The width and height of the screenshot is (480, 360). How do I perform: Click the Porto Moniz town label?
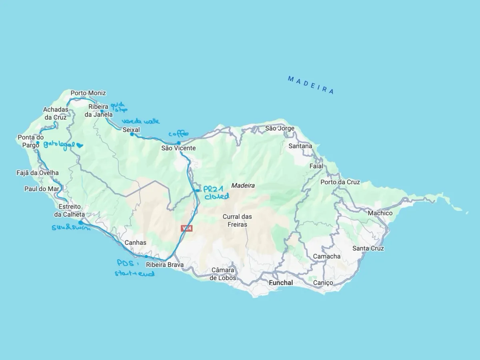point(88,93)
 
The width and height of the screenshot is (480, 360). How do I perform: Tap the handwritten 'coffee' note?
point(178,134)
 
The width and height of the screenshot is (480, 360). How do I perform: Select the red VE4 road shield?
point(187,228)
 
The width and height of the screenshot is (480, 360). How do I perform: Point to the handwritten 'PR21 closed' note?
point(216,192)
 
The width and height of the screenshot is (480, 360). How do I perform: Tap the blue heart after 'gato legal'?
point(79,146)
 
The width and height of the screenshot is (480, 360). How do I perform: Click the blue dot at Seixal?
point(132,134)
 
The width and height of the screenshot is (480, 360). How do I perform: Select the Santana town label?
point(300,146)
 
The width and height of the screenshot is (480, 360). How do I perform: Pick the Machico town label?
point(380,213)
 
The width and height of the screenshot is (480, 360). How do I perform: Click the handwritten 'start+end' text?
point(134,274)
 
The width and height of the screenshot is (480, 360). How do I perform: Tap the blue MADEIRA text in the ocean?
point(310,85)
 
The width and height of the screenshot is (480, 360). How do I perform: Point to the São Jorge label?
point(280,128)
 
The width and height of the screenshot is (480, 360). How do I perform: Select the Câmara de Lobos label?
point(223,274)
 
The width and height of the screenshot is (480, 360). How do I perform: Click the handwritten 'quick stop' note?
point(119,107)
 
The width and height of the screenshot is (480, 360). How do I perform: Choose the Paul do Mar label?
point(42,189)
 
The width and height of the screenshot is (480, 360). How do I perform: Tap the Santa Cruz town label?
point(368,248)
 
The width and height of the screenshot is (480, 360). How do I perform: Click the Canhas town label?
point(135,243)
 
